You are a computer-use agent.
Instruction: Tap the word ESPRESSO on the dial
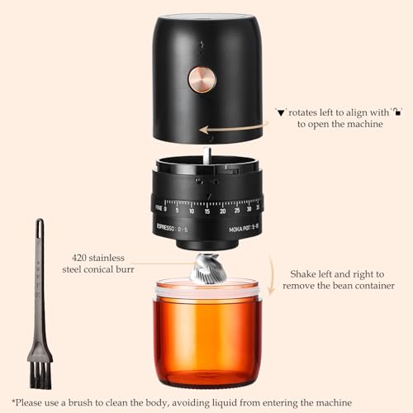pos(170,225)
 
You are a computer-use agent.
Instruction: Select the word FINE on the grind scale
pos(158,209)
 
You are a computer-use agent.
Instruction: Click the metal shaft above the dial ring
pos(206,155)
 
